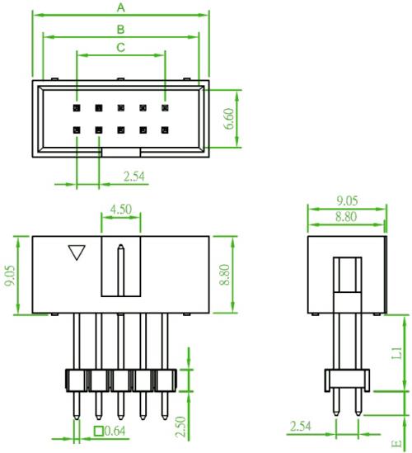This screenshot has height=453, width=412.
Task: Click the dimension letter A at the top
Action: pos(121,7)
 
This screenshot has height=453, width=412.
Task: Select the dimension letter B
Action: pos(120,29)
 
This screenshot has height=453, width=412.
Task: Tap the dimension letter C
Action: pos(120,47)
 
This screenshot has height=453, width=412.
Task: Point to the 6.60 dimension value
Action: pos(229,119)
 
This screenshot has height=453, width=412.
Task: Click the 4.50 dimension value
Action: pos(121,209)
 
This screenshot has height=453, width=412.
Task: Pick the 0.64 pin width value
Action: pos(115,431)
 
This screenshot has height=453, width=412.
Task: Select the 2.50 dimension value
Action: pos(181,427)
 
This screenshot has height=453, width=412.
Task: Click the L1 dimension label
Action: pos(396,353)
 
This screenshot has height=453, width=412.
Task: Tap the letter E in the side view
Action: pos(396,443)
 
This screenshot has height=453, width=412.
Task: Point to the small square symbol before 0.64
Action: pos(99,431)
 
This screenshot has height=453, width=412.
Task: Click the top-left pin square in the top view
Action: pos(77,108)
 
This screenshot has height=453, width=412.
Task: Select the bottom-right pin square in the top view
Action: pos(165,130)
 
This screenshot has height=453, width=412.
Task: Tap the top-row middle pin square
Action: pos(121,108)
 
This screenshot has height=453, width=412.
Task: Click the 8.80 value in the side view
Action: pos(346,217)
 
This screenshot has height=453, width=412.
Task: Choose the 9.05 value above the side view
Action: pos(347,201)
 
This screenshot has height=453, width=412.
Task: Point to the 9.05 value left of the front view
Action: pos(11,276)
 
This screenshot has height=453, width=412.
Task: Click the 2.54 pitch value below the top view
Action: pos(134,177)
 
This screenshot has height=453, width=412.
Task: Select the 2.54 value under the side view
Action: pos(301,427)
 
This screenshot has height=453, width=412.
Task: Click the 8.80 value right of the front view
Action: pos(225,275)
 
